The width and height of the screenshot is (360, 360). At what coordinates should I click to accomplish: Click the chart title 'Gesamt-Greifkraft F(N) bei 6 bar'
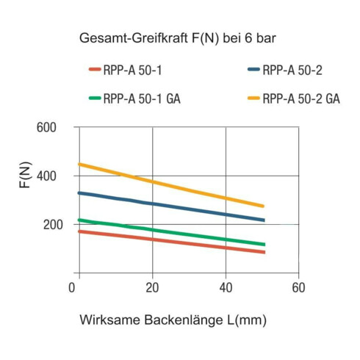[178, 38]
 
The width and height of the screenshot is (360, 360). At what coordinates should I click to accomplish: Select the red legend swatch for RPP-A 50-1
[95, 69]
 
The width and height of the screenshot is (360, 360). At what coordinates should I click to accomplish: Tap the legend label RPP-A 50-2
[292, 71]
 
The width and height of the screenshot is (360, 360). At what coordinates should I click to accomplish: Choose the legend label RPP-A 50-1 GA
[142, 98]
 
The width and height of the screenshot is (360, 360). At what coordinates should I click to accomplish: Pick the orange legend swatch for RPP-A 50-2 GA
[253, 98]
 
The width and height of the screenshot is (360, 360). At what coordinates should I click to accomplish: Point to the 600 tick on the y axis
[46, 128]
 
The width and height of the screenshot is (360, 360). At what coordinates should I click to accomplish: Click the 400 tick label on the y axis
[46, 176]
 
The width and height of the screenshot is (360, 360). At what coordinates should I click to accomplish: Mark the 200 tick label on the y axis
[53, 225]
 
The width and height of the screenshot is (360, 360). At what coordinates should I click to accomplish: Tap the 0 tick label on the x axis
[72, 287]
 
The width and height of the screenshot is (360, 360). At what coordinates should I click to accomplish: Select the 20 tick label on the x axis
[152, 287]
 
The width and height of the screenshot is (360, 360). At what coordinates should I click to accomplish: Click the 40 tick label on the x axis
[226, 287]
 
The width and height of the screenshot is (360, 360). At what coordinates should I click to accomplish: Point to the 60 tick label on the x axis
[298, 287]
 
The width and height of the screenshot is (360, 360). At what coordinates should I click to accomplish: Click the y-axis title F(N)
[26, 175]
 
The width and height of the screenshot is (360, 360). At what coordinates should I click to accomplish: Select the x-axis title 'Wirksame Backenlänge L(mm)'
[173, 320]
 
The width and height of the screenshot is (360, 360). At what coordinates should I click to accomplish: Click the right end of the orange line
[263, 206]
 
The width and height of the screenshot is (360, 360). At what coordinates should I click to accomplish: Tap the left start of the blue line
[79, 193]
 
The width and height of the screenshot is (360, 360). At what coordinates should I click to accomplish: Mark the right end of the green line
[264, 245]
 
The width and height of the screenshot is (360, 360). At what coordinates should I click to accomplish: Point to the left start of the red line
[79, 231]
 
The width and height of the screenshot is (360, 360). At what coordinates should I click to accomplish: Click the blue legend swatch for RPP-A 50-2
[253, 69]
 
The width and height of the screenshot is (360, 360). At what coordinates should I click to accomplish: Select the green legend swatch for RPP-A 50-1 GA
[95, 98]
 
